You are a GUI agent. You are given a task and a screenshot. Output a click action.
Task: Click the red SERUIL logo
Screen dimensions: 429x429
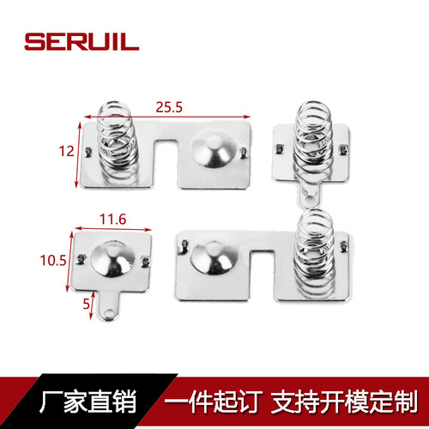point(82,42)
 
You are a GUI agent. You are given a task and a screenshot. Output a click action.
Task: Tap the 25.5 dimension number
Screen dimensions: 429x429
point(169,107)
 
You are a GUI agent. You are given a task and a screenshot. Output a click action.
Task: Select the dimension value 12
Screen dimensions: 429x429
point(66,151)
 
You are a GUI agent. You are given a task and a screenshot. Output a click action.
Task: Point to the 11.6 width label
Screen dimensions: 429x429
point(112,220)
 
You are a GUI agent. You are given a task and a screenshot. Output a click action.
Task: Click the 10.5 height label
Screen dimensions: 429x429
point(53,261)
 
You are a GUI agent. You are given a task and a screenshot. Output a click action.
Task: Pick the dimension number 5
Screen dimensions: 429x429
point(86,304)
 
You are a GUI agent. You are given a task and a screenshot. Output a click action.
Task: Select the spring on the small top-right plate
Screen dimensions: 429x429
point(314,139)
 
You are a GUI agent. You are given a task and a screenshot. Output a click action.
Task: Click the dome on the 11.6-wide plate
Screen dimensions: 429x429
point(113,260)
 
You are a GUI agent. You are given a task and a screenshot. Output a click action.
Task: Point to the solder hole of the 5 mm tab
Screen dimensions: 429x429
point(109,312)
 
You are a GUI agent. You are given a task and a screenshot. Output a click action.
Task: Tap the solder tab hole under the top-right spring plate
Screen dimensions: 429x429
point(309,198)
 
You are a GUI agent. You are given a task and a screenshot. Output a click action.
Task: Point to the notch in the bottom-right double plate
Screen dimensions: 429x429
point(263,275)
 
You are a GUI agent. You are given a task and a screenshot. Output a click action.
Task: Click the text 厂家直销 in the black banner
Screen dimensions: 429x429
point(88,402)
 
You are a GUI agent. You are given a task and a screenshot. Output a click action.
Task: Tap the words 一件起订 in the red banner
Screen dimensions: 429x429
point(213,402)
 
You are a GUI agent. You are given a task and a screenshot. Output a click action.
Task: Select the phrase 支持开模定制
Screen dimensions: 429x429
point(344,402)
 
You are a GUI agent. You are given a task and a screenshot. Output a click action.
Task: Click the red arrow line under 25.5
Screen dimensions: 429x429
point(167,117)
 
